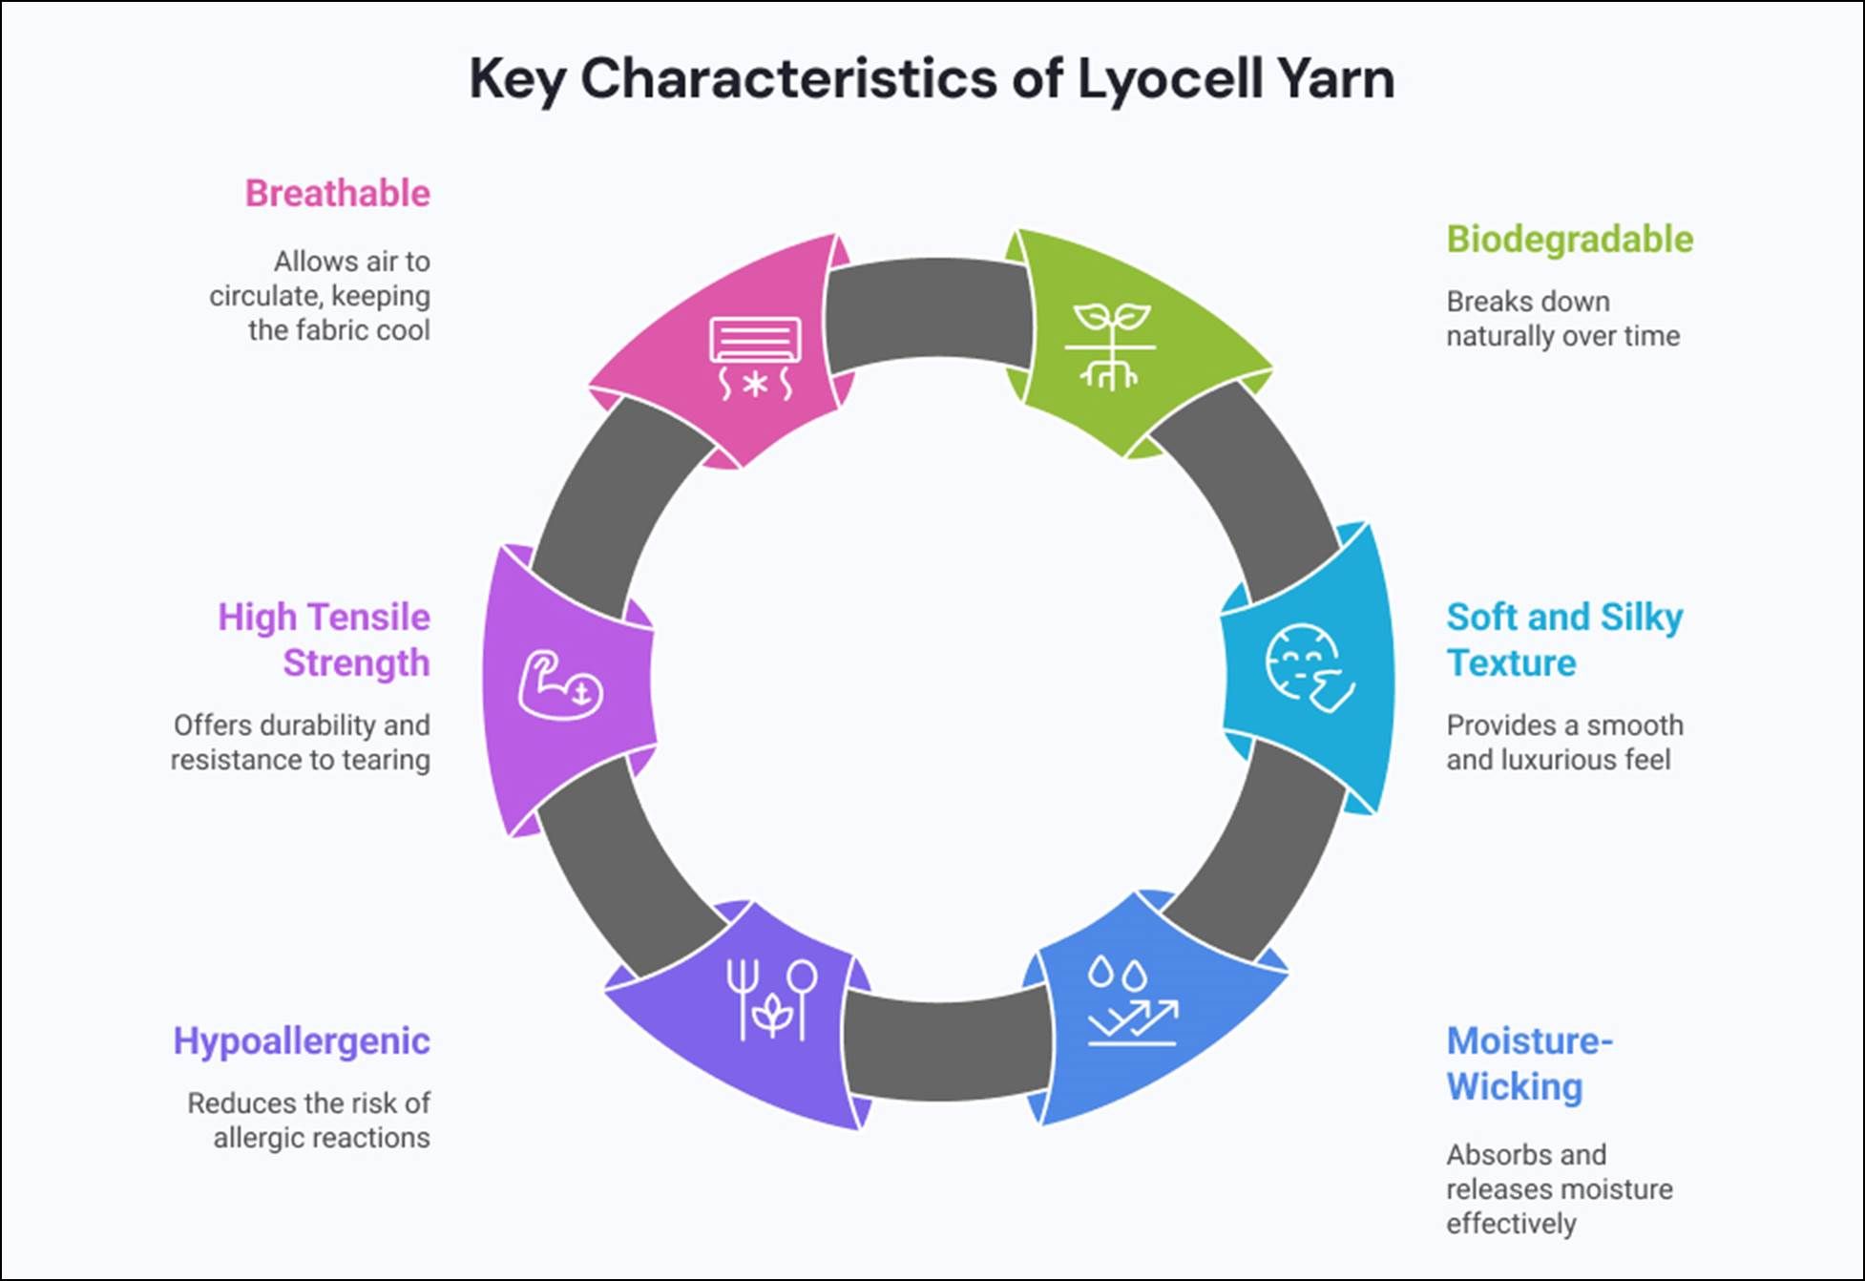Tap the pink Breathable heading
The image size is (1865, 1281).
point(338,194)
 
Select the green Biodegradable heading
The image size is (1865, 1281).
point(1569,240)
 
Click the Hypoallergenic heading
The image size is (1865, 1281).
point(302,1041)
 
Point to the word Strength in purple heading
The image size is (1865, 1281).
point(356,663)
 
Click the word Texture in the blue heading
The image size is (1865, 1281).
point(1511,663)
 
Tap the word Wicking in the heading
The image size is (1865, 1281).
point(1514,1087)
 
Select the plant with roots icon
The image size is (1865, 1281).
point(1110,346)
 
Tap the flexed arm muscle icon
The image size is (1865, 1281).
point(560,684)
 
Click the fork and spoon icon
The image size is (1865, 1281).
point(771,999)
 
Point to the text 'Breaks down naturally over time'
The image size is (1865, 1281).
point(1561,319)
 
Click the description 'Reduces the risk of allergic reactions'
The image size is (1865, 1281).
point(309,1121)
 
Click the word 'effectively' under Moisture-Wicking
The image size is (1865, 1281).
point(1510,1225)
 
